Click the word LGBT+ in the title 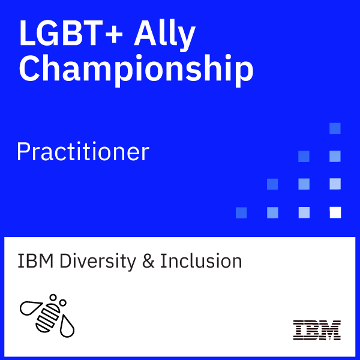coord(71,33)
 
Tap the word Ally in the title coord(164,35)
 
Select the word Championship coord(136,70)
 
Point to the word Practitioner coord(83,152)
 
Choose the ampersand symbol coord(148,261)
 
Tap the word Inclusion coord(201,261)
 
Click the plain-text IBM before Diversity coord(35,261)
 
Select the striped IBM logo coord(317,330)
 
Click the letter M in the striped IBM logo coord(329,330)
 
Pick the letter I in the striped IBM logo coord(298,330)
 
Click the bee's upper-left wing coord(31,308)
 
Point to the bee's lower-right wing coord(67,326)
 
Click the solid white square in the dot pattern coord(335,212)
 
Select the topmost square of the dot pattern coord(335,128)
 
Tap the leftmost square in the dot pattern coord(241,212)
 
